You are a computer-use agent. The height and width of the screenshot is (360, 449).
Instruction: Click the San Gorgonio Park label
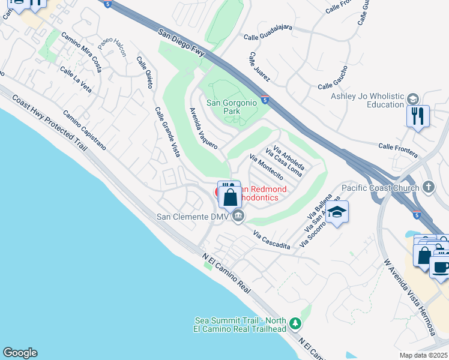point(232,107)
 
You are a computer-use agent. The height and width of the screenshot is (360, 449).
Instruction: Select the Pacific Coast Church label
point(379,188)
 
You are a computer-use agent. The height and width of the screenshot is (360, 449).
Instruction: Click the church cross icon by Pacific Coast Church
point(428,187)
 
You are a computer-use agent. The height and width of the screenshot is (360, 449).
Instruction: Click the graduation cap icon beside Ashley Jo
point(412,99)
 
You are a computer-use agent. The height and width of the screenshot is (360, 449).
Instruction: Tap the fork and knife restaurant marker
point(418,115)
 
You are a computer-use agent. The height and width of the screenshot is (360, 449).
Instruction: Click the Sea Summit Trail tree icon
point(295,323)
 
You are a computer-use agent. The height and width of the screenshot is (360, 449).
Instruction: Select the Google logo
point(20,353)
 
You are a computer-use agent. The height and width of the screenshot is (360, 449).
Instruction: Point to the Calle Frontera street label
point(397,150)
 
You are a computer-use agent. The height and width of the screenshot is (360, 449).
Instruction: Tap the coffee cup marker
point(441,266)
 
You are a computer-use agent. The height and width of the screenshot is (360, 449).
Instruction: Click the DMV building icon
point(238,216)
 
